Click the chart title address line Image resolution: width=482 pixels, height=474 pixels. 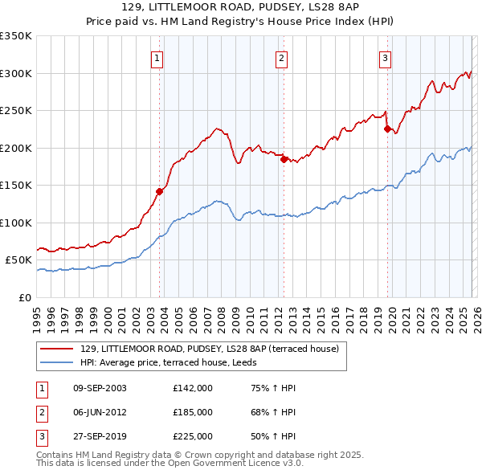(241, 7)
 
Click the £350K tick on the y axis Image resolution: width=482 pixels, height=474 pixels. (16, 36)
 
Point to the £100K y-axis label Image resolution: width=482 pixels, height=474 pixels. (16, 223)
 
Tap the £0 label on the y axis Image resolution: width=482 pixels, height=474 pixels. (26, 297)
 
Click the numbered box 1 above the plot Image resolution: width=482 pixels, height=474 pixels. (156, 58)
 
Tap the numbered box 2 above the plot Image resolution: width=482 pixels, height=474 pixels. (282, 58)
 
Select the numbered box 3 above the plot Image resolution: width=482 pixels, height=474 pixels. (385, 58)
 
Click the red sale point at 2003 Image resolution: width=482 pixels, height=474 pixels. (159, 191)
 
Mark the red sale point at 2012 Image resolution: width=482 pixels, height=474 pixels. (284, 159)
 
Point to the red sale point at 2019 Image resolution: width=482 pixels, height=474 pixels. (387, 129)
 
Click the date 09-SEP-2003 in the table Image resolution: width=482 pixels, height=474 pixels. (99, 388)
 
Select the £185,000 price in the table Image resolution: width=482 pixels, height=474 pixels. (193, 412)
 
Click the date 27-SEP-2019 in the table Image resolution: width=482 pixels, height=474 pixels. (99, 436)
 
